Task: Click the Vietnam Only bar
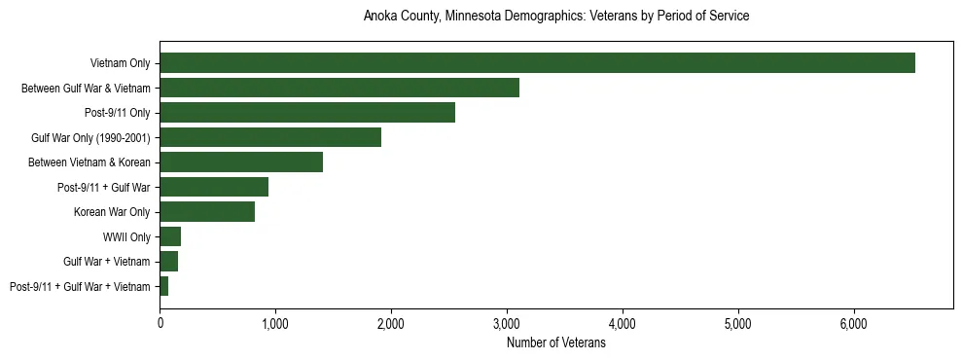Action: pos(537,63)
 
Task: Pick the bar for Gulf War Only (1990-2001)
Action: pos(270,137)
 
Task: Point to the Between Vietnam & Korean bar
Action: pos(241,162)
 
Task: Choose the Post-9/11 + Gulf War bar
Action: pos(214,187)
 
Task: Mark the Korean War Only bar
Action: pos(207,212)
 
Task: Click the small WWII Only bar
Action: pos(170,236)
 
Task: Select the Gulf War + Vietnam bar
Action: pos(169,262)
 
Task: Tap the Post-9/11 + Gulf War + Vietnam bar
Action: pos(164,286)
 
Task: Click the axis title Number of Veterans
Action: pos(555,343)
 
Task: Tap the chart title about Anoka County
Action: pos(555,17)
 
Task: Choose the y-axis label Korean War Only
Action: pos(112,212)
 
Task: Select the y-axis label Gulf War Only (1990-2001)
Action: pos(90,138)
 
